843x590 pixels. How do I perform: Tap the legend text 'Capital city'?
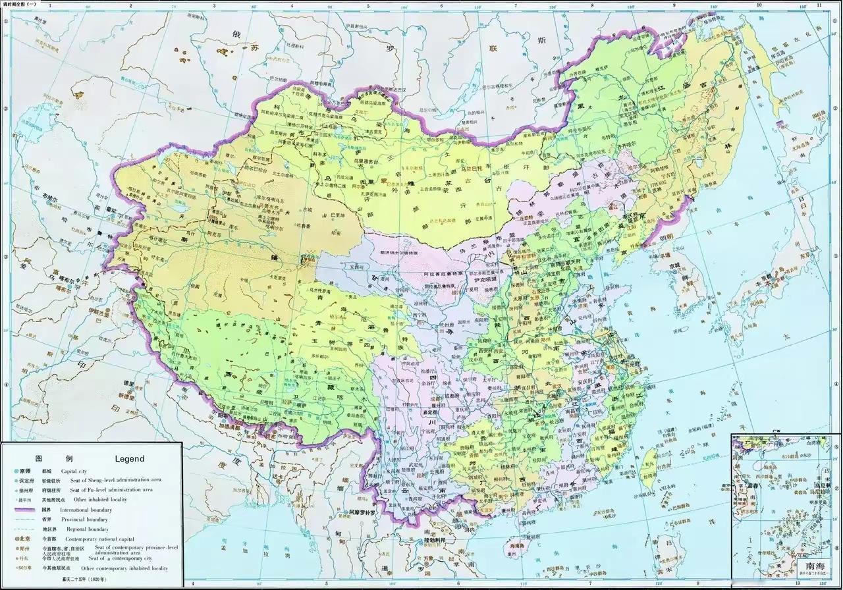[78, 471]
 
